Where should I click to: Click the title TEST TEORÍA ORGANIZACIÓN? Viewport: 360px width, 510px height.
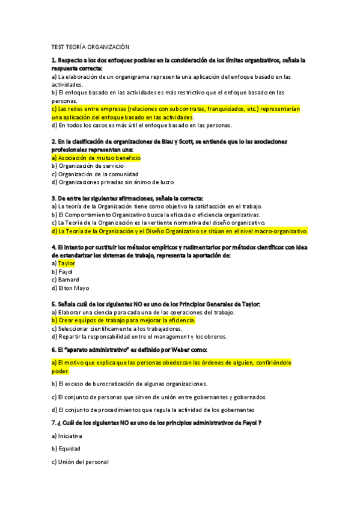pyautogui.click(x=91, y=46)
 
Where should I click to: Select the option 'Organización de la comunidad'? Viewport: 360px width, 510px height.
pyautogui.click(x=95, y=174)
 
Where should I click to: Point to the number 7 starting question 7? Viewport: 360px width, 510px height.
pyautogui.click(x=53, y=423)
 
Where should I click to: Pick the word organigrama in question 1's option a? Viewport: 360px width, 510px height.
pyautogui.click(x=127, y=77)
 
